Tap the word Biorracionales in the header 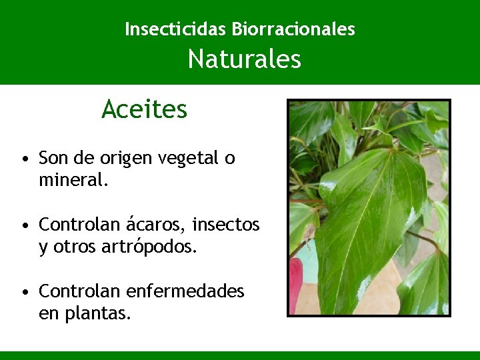click(293, 29)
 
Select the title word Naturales click(244, 60)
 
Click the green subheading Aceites click(145, 109)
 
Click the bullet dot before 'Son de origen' click(24, 159)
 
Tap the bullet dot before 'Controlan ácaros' click(24, 225)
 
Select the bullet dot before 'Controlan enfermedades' click(24, 292)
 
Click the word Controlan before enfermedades click(78, 291)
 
